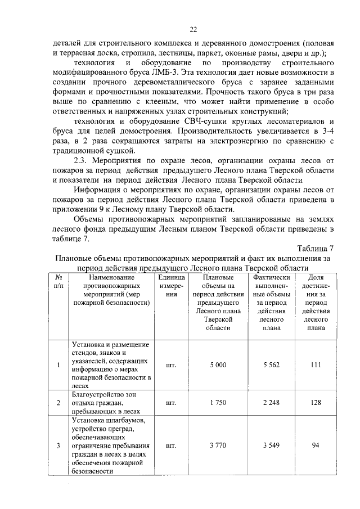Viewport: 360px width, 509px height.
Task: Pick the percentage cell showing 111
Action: [x=316, y=365]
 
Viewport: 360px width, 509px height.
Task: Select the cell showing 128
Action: [x=316, y=403]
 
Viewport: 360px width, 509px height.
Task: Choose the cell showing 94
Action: [x=316, y=446]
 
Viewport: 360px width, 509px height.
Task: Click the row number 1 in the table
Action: [x=58, y=365]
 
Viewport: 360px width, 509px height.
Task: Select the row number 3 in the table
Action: [x=58, y=446]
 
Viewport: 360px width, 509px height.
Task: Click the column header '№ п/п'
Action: [x=58, y=281]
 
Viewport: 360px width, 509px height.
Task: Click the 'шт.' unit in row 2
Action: [x=172, y=403]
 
